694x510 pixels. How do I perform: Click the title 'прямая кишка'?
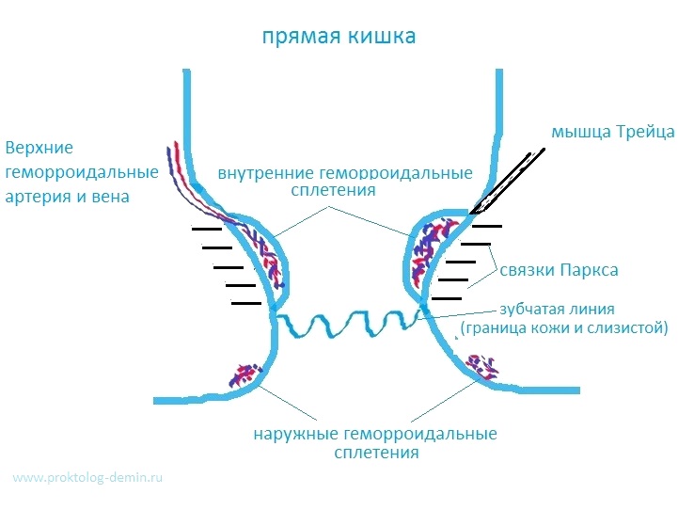pos(339,39)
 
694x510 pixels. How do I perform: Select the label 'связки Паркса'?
pos(559,270)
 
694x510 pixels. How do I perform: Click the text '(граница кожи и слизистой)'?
pos(563,327)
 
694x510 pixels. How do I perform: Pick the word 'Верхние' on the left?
pos(39,149)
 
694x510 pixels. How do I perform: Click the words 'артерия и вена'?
pos(68,197)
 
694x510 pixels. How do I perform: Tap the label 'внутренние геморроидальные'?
pos(344,173)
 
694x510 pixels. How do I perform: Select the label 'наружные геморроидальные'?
pos(374,435)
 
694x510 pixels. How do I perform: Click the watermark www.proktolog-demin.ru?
pos(89,478)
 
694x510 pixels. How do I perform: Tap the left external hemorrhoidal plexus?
pos(244,374)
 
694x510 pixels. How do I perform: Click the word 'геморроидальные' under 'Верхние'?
pos(81,173)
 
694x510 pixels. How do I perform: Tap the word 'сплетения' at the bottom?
pos(375,453)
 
